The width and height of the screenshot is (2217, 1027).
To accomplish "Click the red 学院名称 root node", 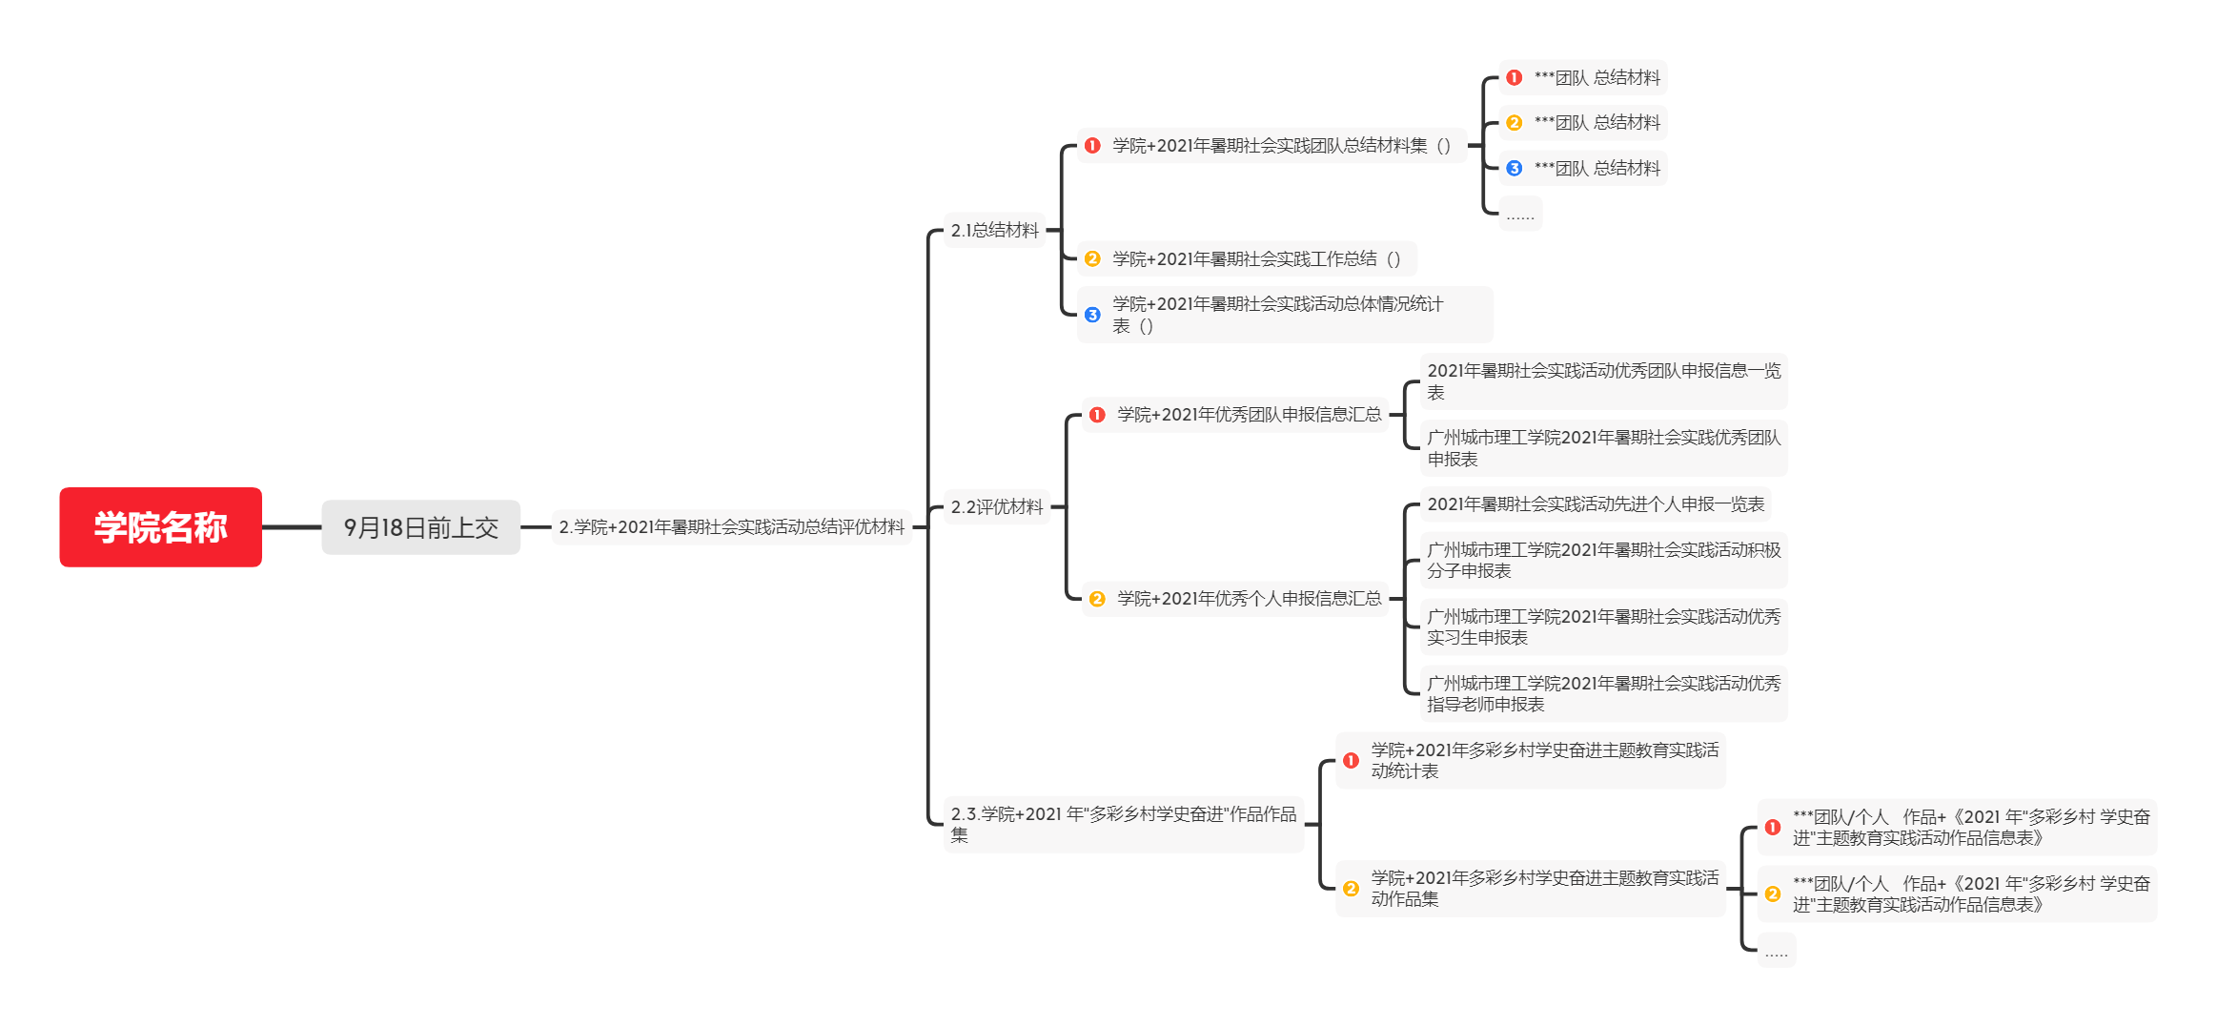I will click(160, 527).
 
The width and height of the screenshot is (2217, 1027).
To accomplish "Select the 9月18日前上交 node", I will click(420, 527).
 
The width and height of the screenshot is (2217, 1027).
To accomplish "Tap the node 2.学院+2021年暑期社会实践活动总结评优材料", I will click(731, 527).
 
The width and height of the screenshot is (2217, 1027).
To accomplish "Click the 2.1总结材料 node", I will click(994, 230).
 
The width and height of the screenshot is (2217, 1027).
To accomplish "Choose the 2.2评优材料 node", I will click(996, 506).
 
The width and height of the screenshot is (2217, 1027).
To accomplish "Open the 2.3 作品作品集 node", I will click(1123, 824).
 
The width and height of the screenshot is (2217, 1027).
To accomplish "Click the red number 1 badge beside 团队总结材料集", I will click(1092, 146).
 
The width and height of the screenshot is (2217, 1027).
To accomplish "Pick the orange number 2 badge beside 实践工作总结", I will click(1092, 259).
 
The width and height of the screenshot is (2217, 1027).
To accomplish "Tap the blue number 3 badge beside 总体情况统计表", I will click(1092, 315).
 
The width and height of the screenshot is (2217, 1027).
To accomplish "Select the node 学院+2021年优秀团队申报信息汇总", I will click(1249, 415).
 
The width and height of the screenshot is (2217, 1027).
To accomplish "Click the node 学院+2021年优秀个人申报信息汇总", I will click(1249, 599).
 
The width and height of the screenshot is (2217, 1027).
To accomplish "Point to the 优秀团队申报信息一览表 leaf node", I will click(1603, 381).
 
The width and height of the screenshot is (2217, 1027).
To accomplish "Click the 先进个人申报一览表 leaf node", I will click(1595, 504).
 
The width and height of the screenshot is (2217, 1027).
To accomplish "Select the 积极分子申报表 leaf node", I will click(1603, 561).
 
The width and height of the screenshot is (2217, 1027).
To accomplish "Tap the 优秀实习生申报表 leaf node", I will click(1603, 627).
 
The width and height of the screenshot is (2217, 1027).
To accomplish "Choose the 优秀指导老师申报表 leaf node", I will click(1603, 694).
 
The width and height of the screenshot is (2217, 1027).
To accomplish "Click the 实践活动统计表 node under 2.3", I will click(1544, 761).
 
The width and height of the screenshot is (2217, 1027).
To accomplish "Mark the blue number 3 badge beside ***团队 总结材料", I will click(1515, 169).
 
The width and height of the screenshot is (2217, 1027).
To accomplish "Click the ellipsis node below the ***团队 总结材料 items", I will click(1520, 215).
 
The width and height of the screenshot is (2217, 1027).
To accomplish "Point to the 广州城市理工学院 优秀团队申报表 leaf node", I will click(1603, 448).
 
